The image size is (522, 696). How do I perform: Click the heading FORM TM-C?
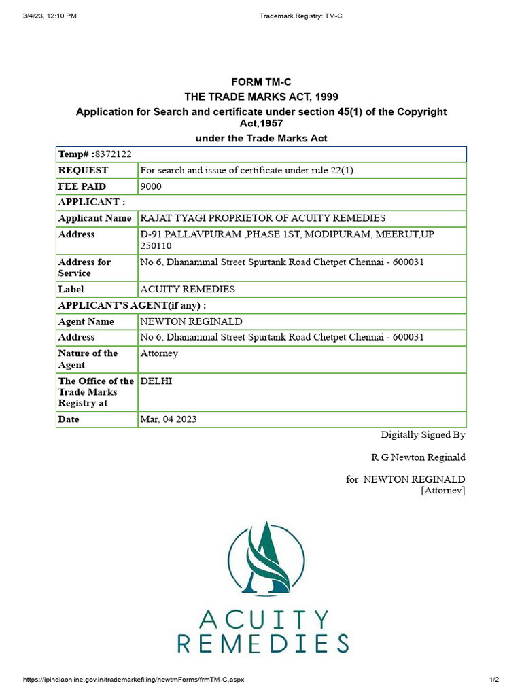(261, 82)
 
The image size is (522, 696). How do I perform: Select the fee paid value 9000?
(151, 186)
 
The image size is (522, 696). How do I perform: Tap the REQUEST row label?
(83, 170)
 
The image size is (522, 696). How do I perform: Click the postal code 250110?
(156, 245)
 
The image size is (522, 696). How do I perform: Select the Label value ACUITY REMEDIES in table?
(188, 289)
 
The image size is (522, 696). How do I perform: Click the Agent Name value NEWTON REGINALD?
(191, 321)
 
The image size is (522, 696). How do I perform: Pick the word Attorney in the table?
(159, 353)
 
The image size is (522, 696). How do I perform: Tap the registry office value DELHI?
(156, 381)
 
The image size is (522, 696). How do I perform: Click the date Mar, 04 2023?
(169, 419)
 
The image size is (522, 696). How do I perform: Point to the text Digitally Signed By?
(423, 435)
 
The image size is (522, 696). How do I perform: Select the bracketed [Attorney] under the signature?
(443, 490)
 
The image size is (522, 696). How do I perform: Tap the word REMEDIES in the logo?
(263, 643)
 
